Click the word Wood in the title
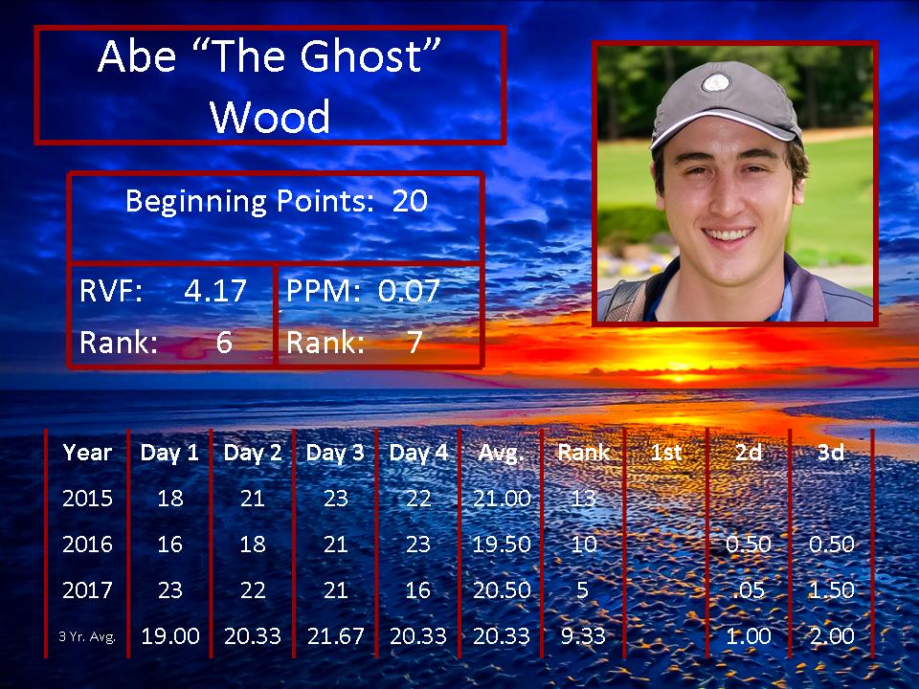pos(270,117)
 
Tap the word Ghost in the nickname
pos(362,56)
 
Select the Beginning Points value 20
pos(410,201)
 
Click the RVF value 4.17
pos(215,291)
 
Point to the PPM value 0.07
pos(409,291)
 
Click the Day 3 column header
pos(335,453)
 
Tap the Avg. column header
pos(501,453)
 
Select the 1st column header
pos(666,453)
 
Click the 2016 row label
pos(87,545)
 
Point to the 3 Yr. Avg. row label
pos(87,636)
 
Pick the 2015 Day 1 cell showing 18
pos(170,499)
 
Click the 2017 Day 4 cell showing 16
pos(418,590)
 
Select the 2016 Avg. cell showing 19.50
pos(502,545)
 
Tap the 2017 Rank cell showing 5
pos(582,590)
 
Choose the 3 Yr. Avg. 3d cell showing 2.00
pos(832,635)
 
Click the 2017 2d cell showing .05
pos(749,590)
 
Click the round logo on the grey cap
pos(716,82)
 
